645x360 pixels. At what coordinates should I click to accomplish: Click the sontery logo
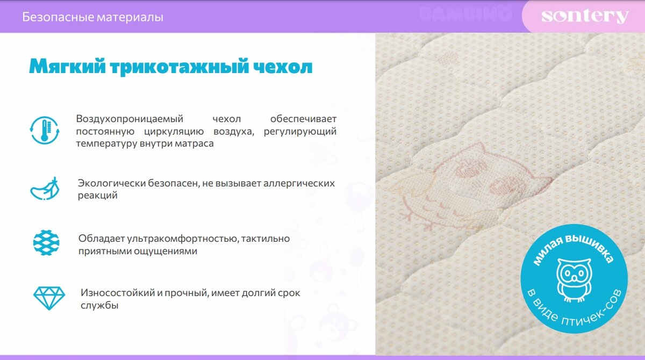[585, 16]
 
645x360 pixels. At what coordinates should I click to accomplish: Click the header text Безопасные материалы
[92, 17]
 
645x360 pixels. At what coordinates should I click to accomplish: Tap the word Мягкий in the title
[67, 66]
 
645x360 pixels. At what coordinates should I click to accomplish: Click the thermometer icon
[45, 130]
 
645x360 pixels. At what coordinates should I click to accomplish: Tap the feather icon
[45, 189]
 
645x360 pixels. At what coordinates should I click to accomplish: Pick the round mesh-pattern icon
[46, 242]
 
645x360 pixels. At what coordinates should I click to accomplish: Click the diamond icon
[49, 298]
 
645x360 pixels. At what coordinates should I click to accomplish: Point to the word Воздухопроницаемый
[130, 119]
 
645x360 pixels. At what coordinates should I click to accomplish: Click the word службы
[99, 305]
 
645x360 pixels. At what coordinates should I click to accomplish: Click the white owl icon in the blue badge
[574, 280]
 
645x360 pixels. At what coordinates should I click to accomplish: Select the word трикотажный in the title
[179, 67]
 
